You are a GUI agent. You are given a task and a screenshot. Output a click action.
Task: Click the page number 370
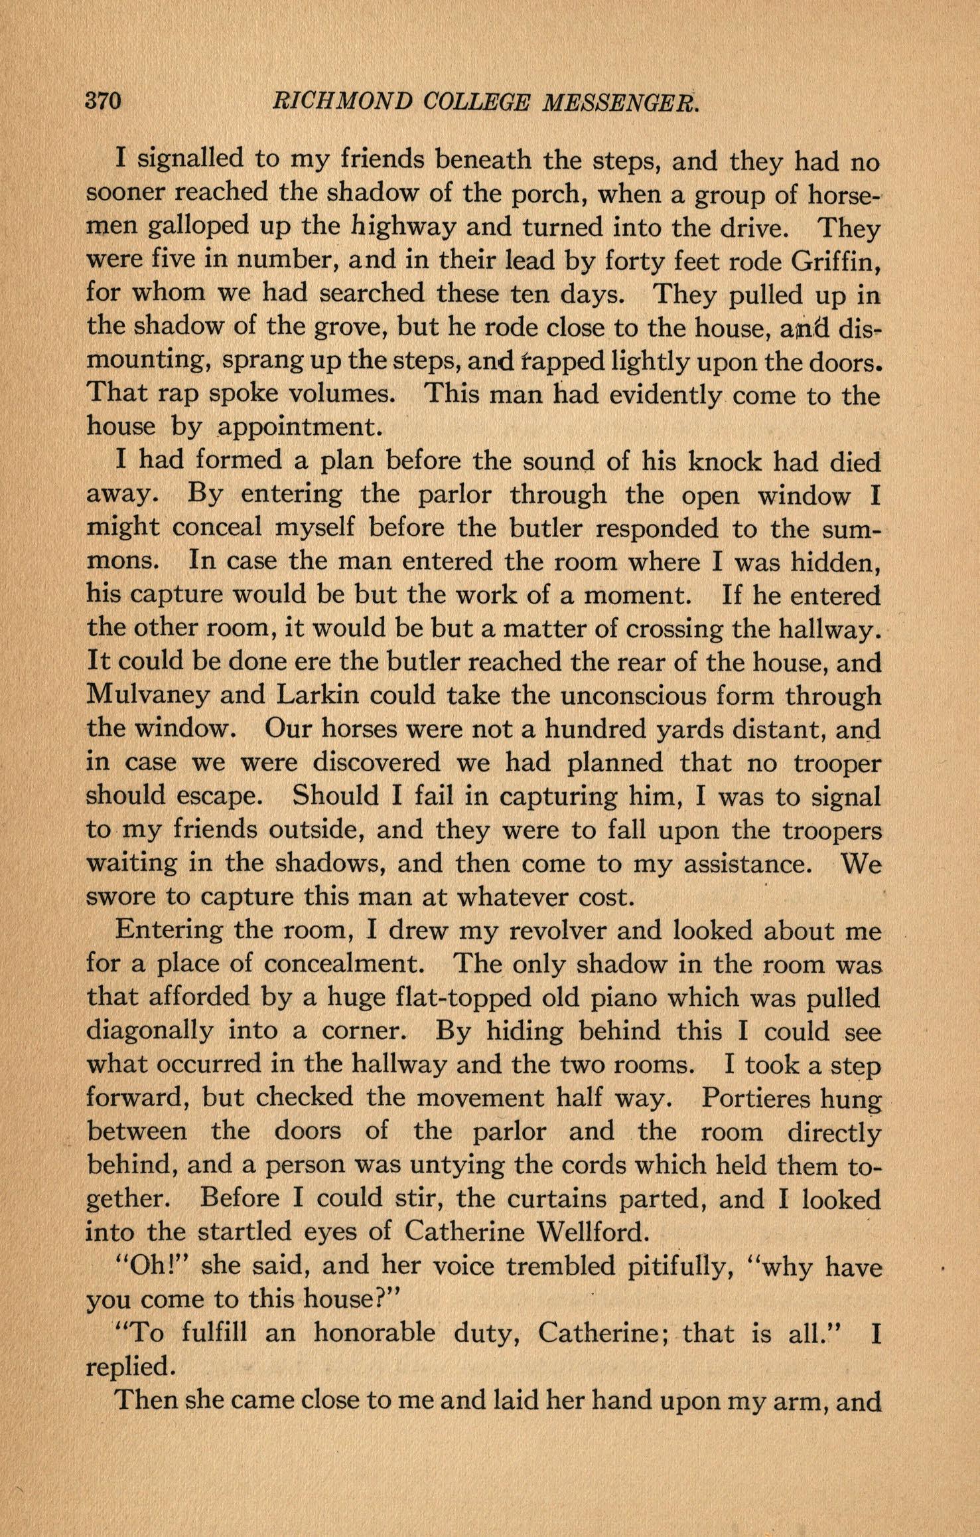tap(103, 102)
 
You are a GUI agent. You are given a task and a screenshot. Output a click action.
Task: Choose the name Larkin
tap(316, 696)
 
